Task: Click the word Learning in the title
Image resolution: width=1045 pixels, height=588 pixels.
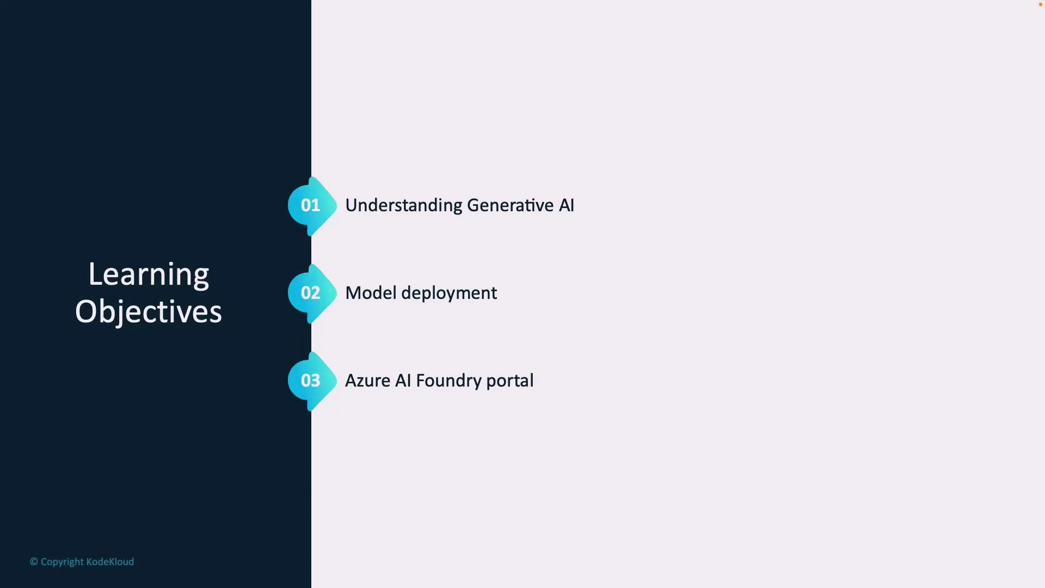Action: [x=149, y=274]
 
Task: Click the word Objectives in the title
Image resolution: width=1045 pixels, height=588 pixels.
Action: [x=149, y=311]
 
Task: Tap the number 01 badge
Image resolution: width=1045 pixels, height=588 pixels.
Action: [x=311, y=206]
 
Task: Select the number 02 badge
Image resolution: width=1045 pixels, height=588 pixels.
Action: [x=311, y=293]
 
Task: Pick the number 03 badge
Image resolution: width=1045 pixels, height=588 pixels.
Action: [x=311, y=381]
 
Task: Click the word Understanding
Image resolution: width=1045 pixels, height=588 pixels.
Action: [x=403, y=206]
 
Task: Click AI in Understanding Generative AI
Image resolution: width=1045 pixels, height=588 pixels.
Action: [x=567, y=206]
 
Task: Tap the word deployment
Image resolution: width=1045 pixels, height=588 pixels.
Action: [x=449, y=293]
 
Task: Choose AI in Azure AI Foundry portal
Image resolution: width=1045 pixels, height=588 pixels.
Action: [x=403, y=381]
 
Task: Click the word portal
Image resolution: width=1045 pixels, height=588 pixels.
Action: [x=510, y=381]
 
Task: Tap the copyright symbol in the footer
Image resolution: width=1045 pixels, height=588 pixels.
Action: [x=34, y=562]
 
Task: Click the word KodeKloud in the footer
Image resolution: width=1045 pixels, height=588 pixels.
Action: [x=110, y=562]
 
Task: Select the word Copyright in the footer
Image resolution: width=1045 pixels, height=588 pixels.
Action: [x=62, y=562]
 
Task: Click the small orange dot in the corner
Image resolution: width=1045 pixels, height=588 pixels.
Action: [x=1040, y=4]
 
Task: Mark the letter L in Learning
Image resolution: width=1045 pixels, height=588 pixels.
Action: [x=94, y=274]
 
